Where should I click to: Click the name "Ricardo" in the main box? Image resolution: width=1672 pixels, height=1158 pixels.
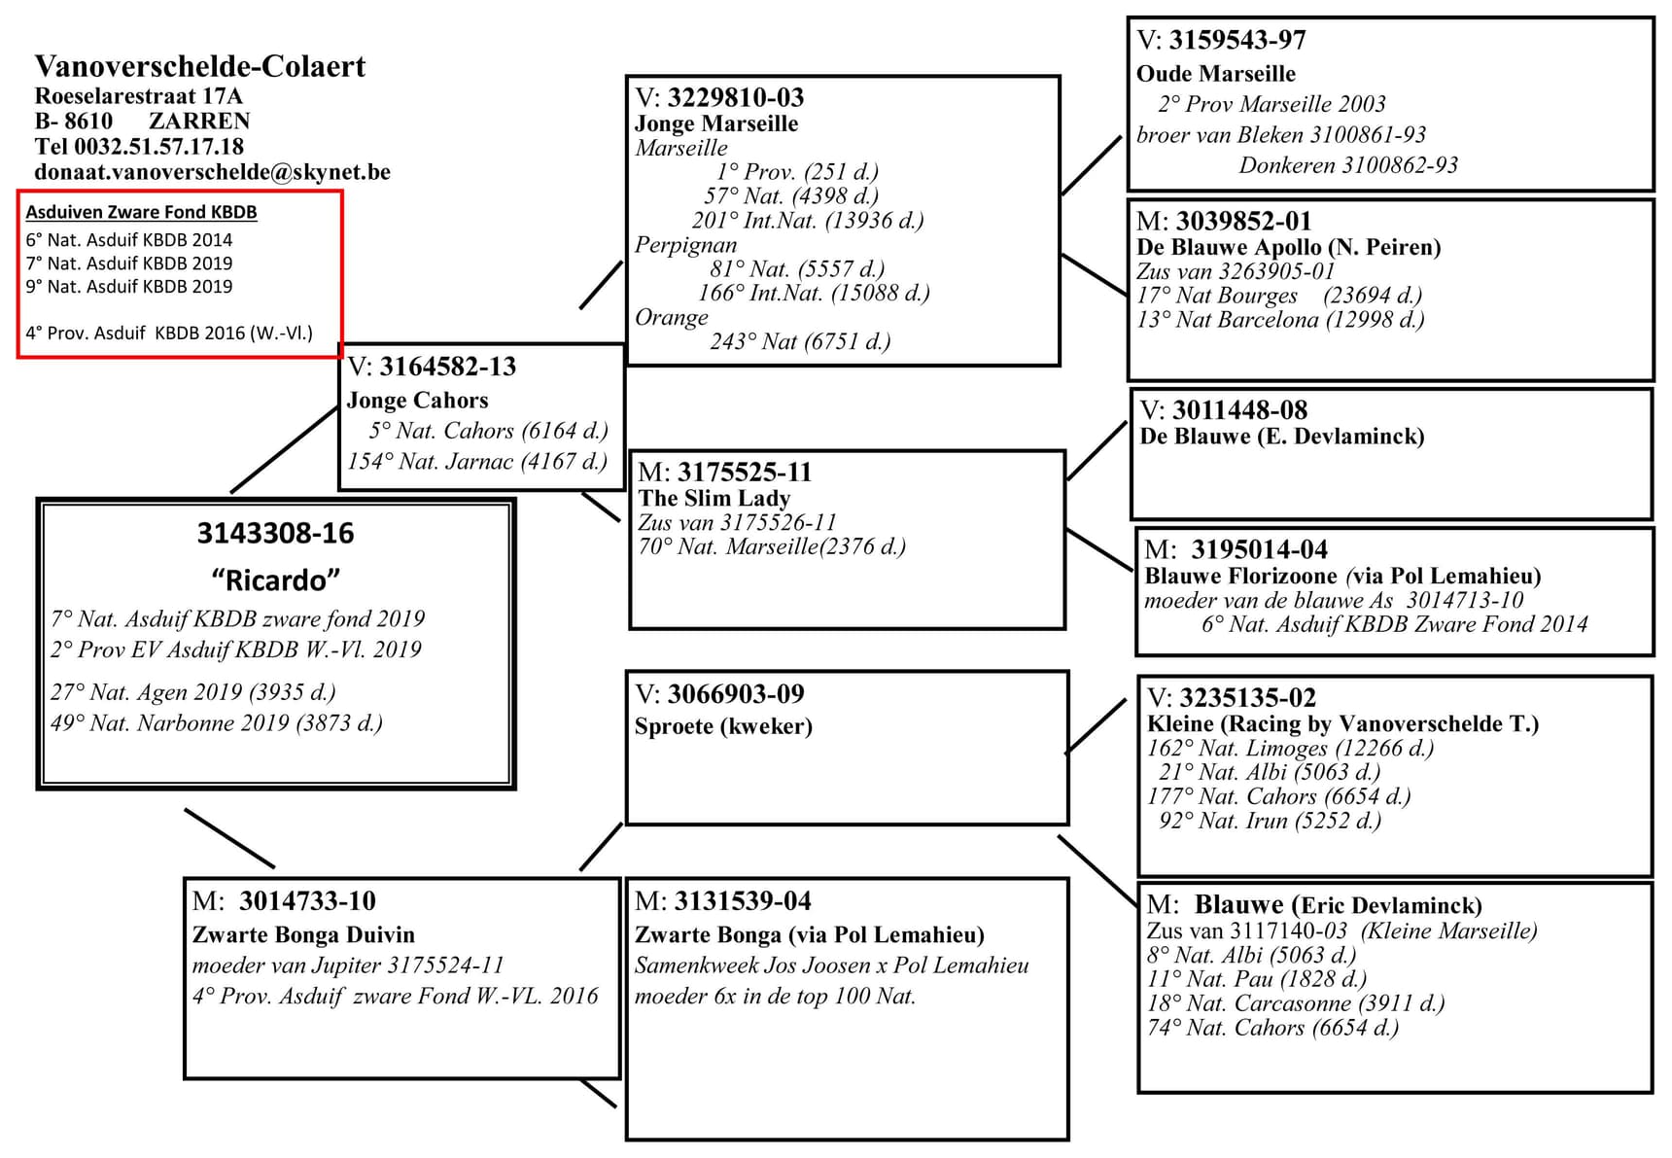tap(275, 580)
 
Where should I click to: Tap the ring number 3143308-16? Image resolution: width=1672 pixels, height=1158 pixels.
tap(275, 534)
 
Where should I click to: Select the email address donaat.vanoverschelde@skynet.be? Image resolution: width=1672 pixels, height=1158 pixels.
tap(212, 172)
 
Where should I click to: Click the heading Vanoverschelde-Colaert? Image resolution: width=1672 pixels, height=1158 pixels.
tap(200, 66)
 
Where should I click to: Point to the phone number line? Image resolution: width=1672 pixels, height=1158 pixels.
tap(139, 147)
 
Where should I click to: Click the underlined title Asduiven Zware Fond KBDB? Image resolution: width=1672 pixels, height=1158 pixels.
tap(141, 212)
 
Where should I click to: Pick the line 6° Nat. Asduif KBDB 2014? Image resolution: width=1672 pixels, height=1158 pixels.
tap(129, 240)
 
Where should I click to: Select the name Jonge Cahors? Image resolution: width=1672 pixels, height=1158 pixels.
tap(417, 401)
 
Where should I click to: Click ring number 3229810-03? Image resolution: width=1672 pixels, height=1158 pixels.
tap(735, 97)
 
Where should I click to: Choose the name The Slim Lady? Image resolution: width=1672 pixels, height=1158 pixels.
tap(714, 498)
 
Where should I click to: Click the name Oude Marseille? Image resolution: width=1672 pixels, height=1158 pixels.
tap(1215, 74)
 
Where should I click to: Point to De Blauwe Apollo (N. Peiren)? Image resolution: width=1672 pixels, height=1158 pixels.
tap(1288, 247)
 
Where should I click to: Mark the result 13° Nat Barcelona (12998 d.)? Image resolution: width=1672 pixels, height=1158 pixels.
tap(1279, 320)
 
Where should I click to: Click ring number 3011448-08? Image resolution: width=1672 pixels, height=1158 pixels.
tap(1239, 410)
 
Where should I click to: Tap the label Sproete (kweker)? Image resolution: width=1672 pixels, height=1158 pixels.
tap(722, 726)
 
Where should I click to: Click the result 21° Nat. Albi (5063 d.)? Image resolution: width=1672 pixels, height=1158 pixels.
tap(1269, 772)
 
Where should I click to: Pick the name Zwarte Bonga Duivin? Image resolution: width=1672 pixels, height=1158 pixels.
tap(303, 935)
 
